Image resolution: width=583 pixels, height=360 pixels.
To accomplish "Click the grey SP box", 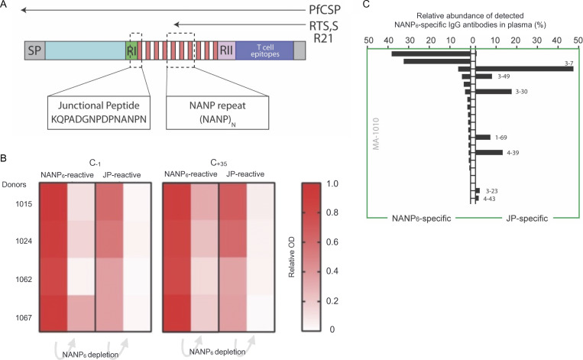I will coord(34,52).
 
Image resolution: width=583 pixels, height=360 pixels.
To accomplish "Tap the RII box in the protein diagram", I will coord(226,52).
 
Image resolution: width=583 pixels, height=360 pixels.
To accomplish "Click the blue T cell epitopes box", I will coord(264,52).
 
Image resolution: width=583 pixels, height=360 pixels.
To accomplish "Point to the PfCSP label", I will coord(321,11).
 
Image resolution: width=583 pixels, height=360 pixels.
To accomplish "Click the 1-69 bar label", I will coord(500,138).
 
